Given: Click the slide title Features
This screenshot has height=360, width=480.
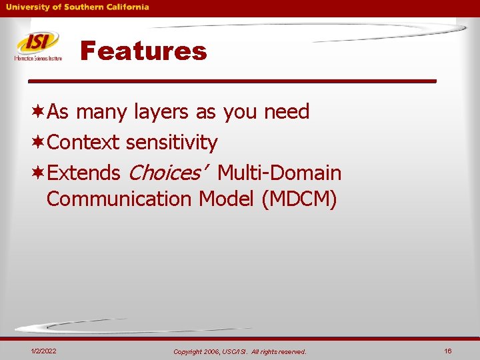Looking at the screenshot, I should click(143, 51).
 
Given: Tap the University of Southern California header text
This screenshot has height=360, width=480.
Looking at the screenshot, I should click(77, 7).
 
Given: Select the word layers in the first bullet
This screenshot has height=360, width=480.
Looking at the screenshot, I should click(161, 112).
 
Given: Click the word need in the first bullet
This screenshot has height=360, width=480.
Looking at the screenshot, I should click(287, 112).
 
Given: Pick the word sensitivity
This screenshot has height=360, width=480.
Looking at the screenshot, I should click(171, 143).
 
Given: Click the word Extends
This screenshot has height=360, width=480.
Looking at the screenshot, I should click(83, 173).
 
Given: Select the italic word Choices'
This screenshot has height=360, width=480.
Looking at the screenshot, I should click(165, 173).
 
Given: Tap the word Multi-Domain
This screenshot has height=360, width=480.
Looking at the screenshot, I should click(279, 173).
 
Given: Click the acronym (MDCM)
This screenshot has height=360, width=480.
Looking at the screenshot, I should click(299, 199).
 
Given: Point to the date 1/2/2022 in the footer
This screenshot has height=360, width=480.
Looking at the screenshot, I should click(43, 351).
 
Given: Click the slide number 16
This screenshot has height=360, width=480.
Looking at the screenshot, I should click(448, 351).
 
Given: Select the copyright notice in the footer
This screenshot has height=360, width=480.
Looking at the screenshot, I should click(239, 351).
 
